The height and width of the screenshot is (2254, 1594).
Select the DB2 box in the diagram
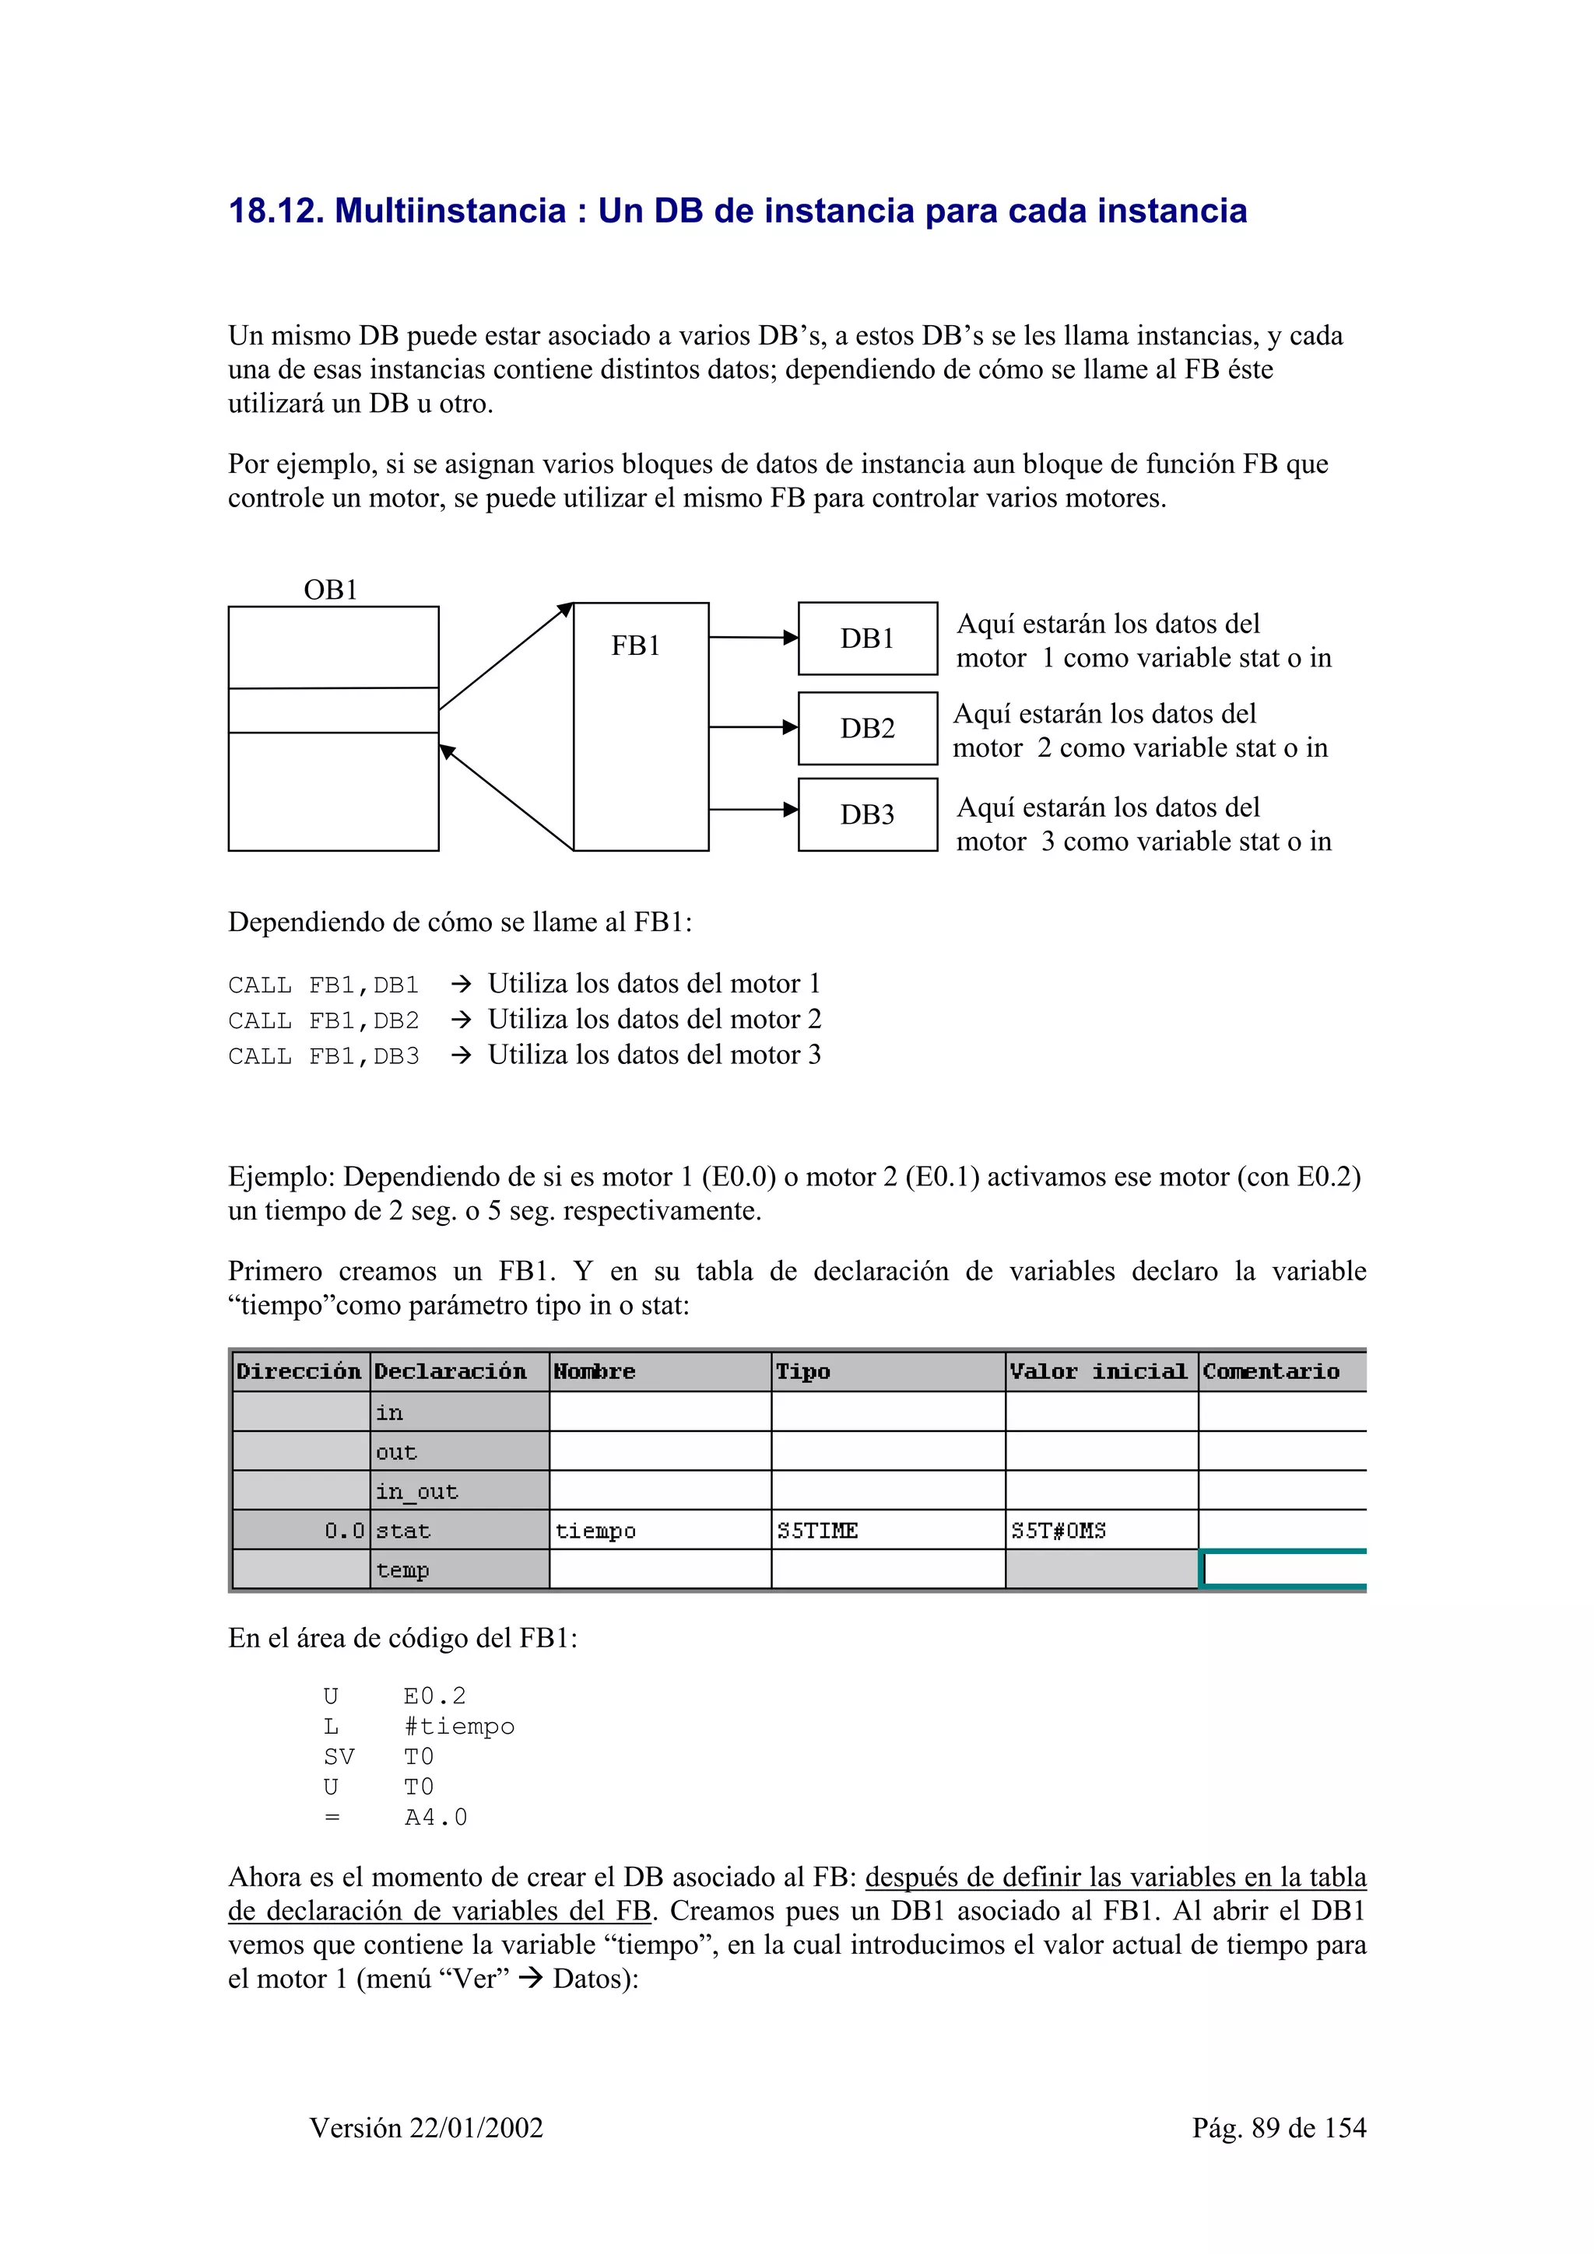coord(867,729)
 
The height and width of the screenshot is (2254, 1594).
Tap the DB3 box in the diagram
coord(867,815)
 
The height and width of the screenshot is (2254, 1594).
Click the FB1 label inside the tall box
coord(635,646)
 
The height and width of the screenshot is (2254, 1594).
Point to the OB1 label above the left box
coord(331,590)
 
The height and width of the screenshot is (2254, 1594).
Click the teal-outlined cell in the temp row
coord(1283,1570)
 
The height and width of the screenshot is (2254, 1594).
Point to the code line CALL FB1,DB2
coord(323,1021)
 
